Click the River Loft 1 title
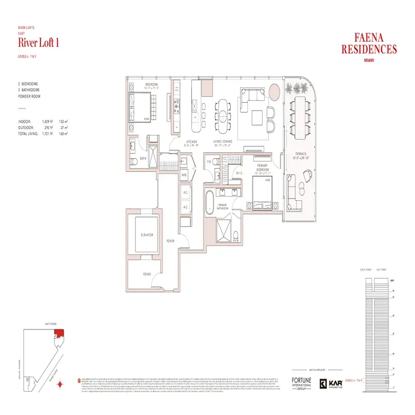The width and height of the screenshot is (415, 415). [x=38, y=43]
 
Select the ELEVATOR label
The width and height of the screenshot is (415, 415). [x=147, y=235]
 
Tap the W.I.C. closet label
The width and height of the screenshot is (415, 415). [x=240, y=173]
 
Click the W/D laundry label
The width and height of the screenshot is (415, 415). [x=184, y=175]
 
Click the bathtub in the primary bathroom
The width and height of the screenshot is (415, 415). [x=209, y=203]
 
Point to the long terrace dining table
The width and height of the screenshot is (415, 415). [x=300, y=116]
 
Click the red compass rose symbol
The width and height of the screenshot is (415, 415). [x=61, y=384]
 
